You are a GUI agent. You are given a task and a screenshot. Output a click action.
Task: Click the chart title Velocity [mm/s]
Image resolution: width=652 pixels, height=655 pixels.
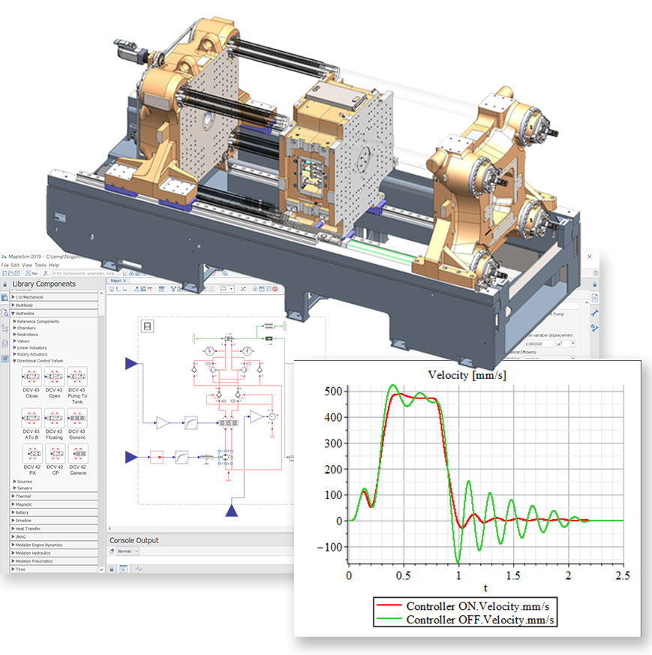click(x=466, y=374)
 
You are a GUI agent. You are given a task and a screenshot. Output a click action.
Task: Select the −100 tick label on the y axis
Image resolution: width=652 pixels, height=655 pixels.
click(x=327, y=547)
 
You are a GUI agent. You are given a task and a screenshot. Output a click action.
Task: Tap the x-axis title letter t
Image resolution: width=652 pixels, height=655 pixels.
click(x=485, y=589)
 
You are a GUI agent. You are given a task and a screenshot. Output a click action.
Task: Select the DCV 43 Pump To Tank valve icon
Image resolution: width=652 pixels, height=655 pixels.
click(x=77, y=378)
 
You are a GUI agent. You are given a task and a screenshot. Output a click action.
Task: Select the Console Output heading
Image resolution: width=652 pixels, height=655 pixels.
click(x=134, y=540)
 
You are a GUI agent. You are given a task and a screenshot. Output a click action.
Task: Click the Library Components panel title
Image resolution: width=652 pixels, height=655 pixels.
click(x=44, y=284)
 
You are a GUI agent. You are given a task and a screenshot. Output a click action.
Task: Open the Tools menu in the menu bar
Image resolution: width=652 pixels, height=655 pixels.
click(x=40, y=265)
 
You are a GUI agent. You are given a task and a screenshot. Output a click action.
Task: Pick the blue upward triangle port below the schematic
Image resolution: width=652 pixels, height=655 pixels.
click(x=233, y=511)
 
